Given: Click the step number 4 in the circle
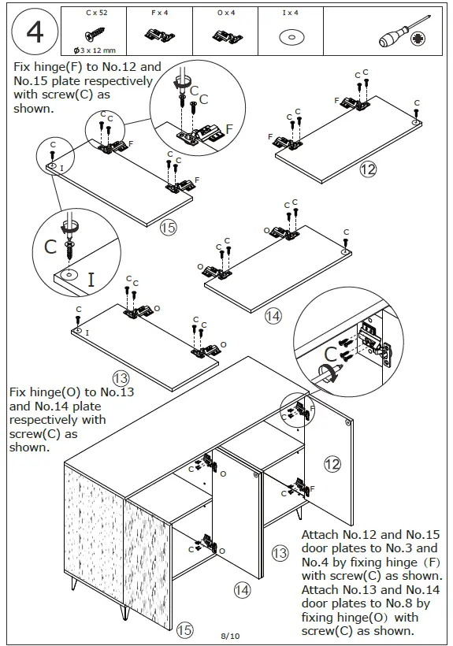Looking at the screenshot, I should (35, 32).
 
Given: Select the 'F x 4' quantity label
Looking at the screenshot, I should (160, 13).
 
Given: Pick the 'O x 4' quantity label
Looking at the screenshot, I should (225, 13).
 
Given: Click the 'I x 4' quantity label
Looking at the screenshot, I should (290, 13).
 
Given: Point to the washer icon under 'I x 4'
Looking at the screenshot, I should (291, 36).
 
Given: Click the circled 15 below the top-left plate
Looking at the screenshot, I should (168, 228).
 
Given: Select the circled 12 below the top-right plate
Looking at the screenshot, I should (367, 169).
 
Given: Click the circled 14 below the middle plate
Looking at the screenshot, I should (273, 316).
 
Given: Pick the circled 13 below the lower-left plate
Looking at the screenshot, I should (121, 379).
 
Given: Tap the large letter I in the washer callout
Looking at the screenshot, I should (91, 279).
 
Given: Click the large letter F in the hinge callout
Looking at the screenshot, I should (229, 129).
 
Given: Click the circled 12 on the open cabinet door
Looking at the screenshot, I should (332, 464).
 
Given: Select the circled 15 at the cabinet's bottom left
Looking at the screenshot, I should (185, 629).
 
